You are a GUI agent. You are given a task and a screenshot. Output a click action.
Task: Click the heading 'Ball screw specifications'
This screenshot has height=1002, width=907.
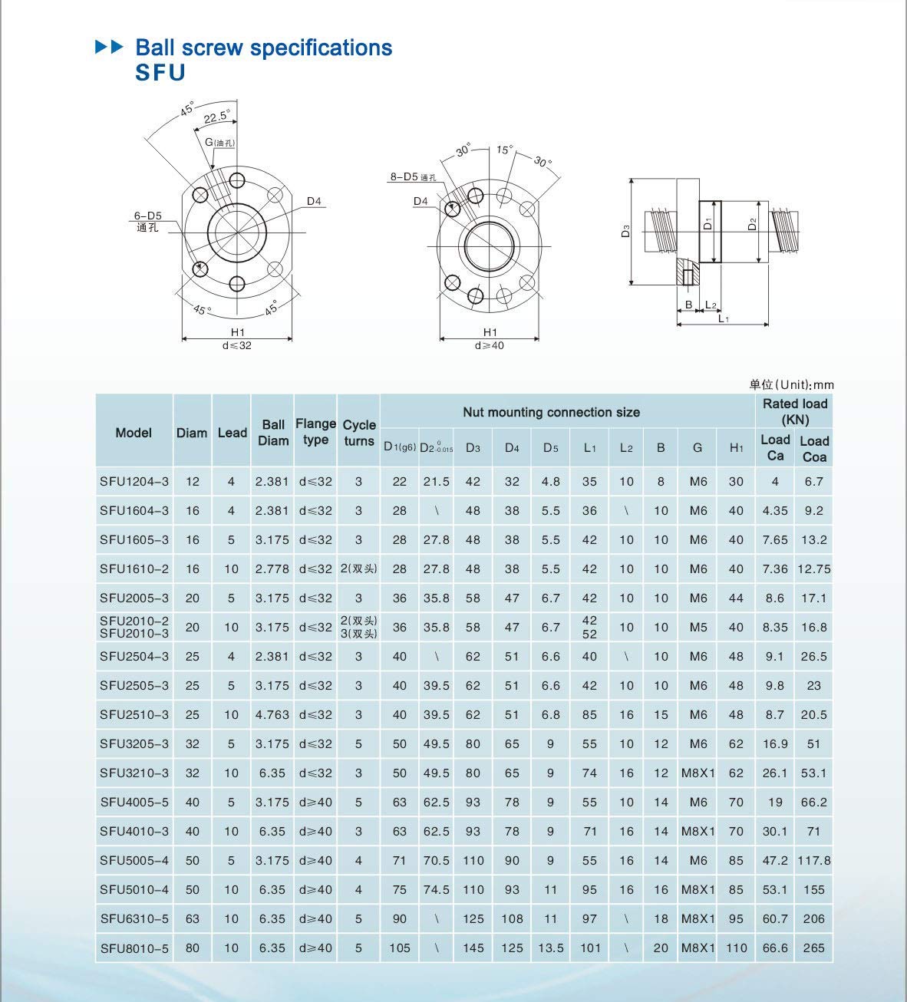263,48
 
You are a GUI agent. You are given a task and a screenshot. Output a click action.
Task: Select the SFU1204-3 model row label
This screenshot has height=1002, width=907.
134,482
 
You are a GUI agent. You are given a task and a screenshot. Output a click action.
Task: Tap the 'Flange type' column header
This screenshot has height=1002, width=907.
315,432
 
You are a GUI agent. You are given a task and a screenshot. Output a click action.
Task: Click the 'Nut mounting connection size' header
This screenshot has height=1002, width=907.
551,412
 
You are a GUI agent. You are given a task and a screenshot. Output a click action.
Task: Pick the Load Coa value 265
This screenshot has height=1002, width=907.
813,948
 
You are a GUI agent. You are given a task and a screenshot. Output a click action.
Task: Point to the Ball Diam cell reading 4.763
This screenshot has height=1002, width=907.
272,714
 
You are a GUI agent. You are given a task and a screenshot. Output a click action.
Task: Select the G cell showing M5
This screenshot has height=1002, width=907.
698,627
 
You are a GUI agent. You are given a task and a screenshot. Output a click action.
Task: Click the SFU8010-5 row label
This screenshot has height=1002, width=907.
134,948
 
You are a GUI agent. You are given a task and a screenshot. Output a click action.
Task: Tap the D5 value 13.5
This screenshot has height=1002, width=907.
550,948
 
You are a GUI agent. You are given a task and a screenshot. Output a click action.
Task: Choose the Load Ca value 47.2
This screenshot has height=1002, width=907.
775,860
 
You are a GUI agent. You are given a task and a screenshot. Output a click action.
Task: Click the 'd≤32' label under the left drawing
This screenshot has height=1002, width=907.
236,345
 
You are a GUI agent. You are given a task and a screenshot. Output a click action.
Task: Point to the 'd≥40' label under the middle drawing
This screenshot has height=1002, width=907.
490,345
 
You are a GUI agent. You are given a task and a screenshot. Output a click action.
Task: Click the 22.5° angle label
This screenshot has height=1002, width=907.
217,117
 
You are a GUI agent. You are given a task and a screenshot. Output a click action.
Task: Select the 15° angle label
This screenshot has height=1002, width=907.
503,150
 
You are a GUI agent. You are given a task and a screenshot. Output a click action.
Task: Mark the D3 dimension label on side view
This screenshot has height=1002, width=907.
625,231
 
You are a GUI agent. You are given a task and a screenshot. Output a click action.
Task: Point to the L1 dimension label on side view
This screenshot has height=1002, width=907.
723,318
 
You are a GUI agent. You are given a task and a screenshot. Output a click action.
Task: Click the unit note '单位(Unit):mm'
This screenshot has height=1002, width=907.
791,384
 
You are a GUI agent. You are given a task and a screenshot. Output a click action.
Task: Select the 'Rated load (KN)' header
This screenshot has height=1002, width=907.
794,411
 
